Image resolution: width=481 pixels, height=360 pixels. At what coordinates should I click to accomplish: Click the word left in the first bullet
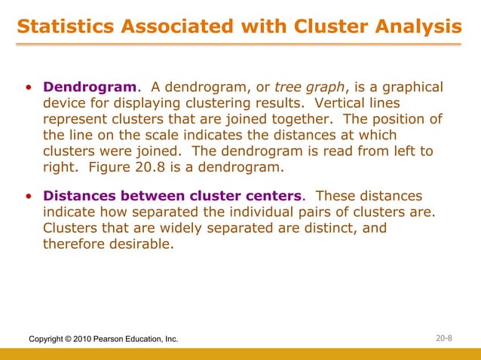[388, 151]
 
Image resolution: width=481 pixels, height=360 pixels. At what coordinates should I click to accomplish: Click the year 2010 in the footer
[81, 340]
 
